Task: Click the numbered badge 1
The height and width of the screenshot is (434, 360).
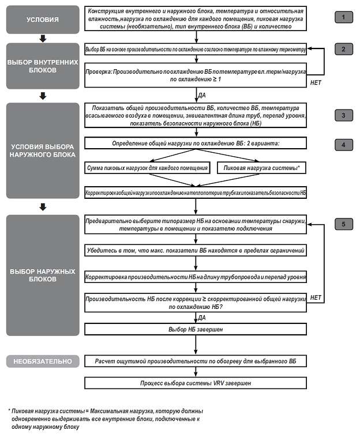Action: [343, 17]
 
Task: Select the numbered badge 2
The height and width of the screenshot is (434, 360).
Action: [343, 49]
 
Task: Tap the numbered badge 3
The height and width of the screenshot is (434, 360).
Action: [343, 115]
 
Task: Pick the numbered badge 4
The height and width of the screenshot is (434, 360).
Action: [343, 144]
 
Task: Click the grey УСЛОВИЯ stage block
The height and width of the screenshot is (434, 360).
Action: [42, 20]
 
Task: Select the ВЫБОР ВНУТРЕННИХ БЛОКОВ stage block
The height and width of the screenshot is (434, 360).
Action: [42, 65]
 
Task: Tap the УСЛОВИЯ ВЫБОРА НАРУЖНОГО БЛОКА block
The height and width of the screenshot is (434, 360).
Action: [42, 151]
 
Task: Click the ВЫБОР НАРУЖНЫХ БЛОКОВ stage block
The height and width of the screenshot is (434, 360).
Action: [42, 276]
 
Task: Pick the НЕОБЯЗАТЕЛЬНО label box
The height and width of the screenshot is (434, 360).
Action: [42, 362]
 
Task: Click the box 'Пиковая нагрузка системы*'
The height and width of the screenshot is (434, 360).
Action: [261, 168]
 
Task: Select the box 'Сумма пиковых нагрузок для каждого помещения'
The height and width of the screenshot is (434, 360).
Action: [147, 168]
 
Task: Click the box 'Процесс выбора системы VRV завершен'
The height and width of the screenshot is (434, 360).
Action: [196, 383]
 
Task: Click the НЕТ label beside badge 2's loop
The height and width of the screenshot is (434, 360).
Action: [316, 82]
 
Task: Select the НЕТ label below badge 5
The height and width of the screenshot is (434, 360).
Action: [316, 297]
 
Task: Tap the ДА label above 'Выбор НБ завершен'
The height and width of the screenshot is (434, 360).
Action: [202, 317]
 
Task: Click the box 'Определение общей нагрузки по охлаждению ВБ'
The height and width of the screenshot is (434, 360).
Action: [196, 142]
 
